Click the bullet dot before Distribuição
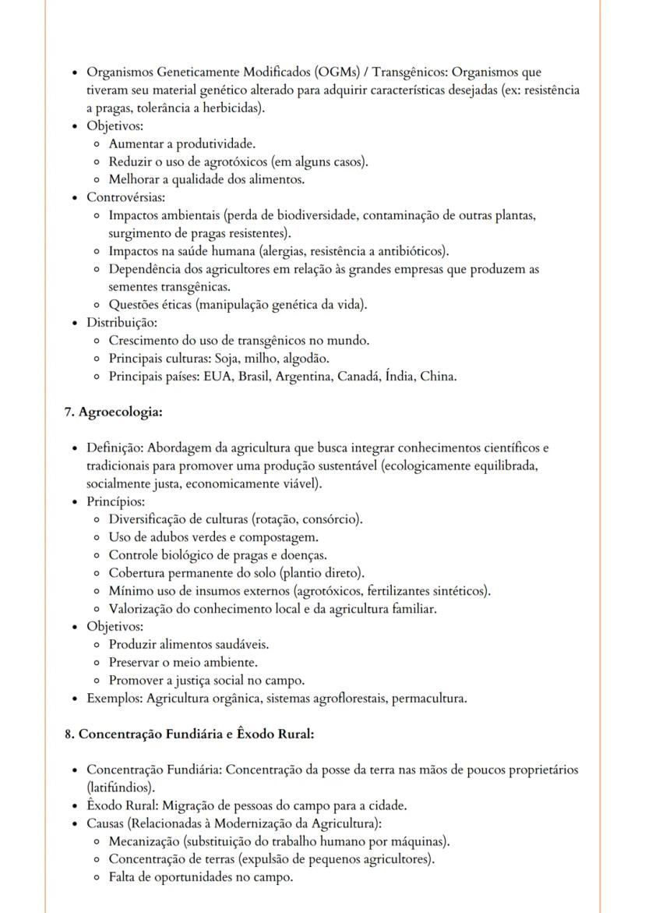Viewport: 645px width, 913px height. (x=73, y=323)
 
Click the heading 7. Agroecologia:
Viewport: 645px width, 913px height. (x=113, y=412)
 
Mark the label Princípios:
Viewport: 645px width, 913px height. (x=116, y=501)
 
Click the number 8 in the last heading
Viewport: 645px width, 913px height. (x=69, y=734)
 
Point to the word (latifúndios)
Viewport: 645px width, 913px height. (x=121, y=787)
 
